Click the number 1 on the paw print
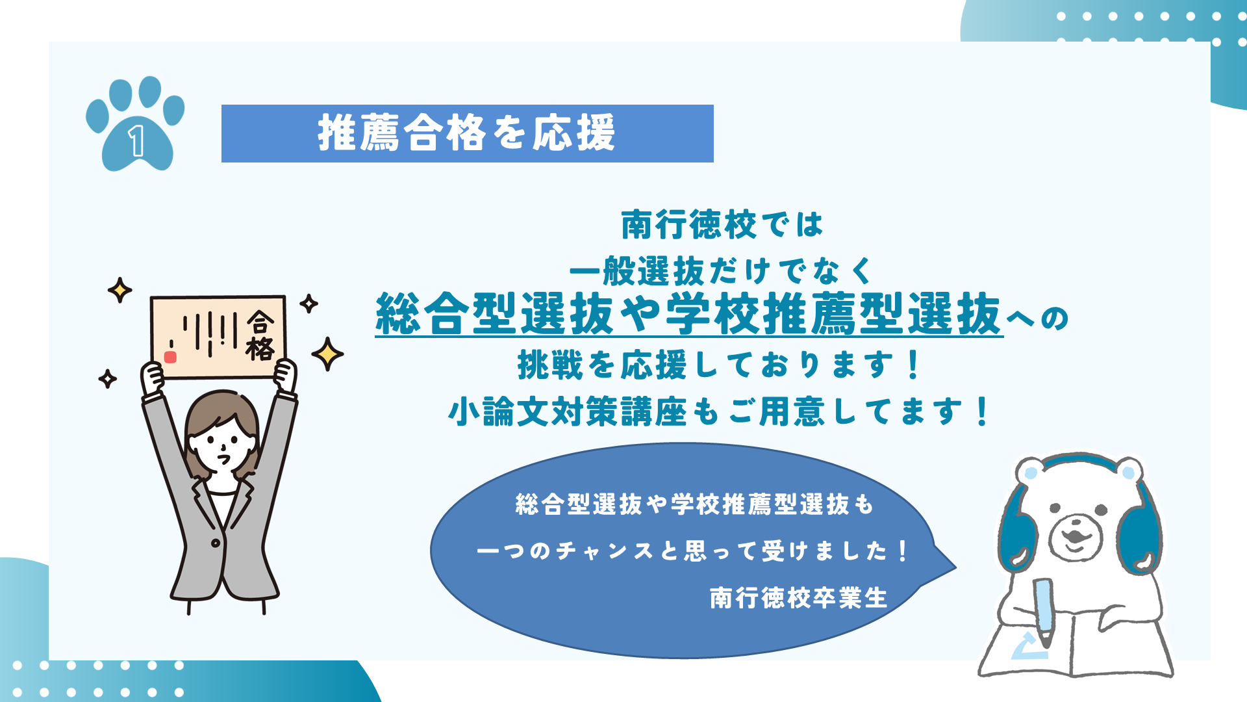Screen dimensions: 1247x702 tap(136, 141)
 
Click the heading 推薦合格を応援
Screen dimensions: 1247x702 tap(466, 133)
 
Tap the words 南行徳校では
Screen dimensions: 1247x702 tap(722, 225)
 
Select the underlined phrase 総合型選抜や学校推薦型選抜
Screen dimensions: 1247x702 tap(689, 314)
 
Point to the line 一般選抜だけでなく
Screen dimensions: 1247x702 tap(722, 270)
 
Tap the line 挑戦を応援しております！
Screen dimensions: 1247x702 tap(720, 365)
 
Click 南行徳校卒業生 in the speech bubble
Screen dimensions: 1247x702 tap(798, 598)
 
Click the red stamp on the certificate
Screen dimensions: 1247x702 tap(170, 357)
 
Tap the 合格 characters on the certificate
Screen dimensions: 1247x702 tap(260, 335)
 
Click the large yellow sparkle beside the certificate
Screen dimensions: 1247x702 tap(327, 354)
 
